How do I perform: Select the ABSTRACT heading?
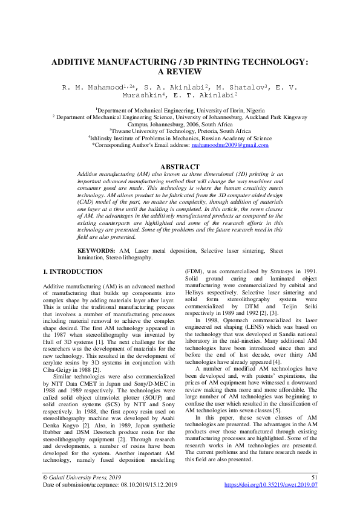[x=179, y=167]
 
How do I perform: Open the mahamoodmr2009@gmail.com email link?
[x=229, y=145]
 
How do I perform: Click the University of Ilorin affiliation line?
[x=180, y=111]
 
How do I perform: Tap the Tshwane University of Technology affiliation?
[x=180, y=130]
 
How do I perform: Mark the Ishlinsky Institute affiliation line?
[x=180, y=137]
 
